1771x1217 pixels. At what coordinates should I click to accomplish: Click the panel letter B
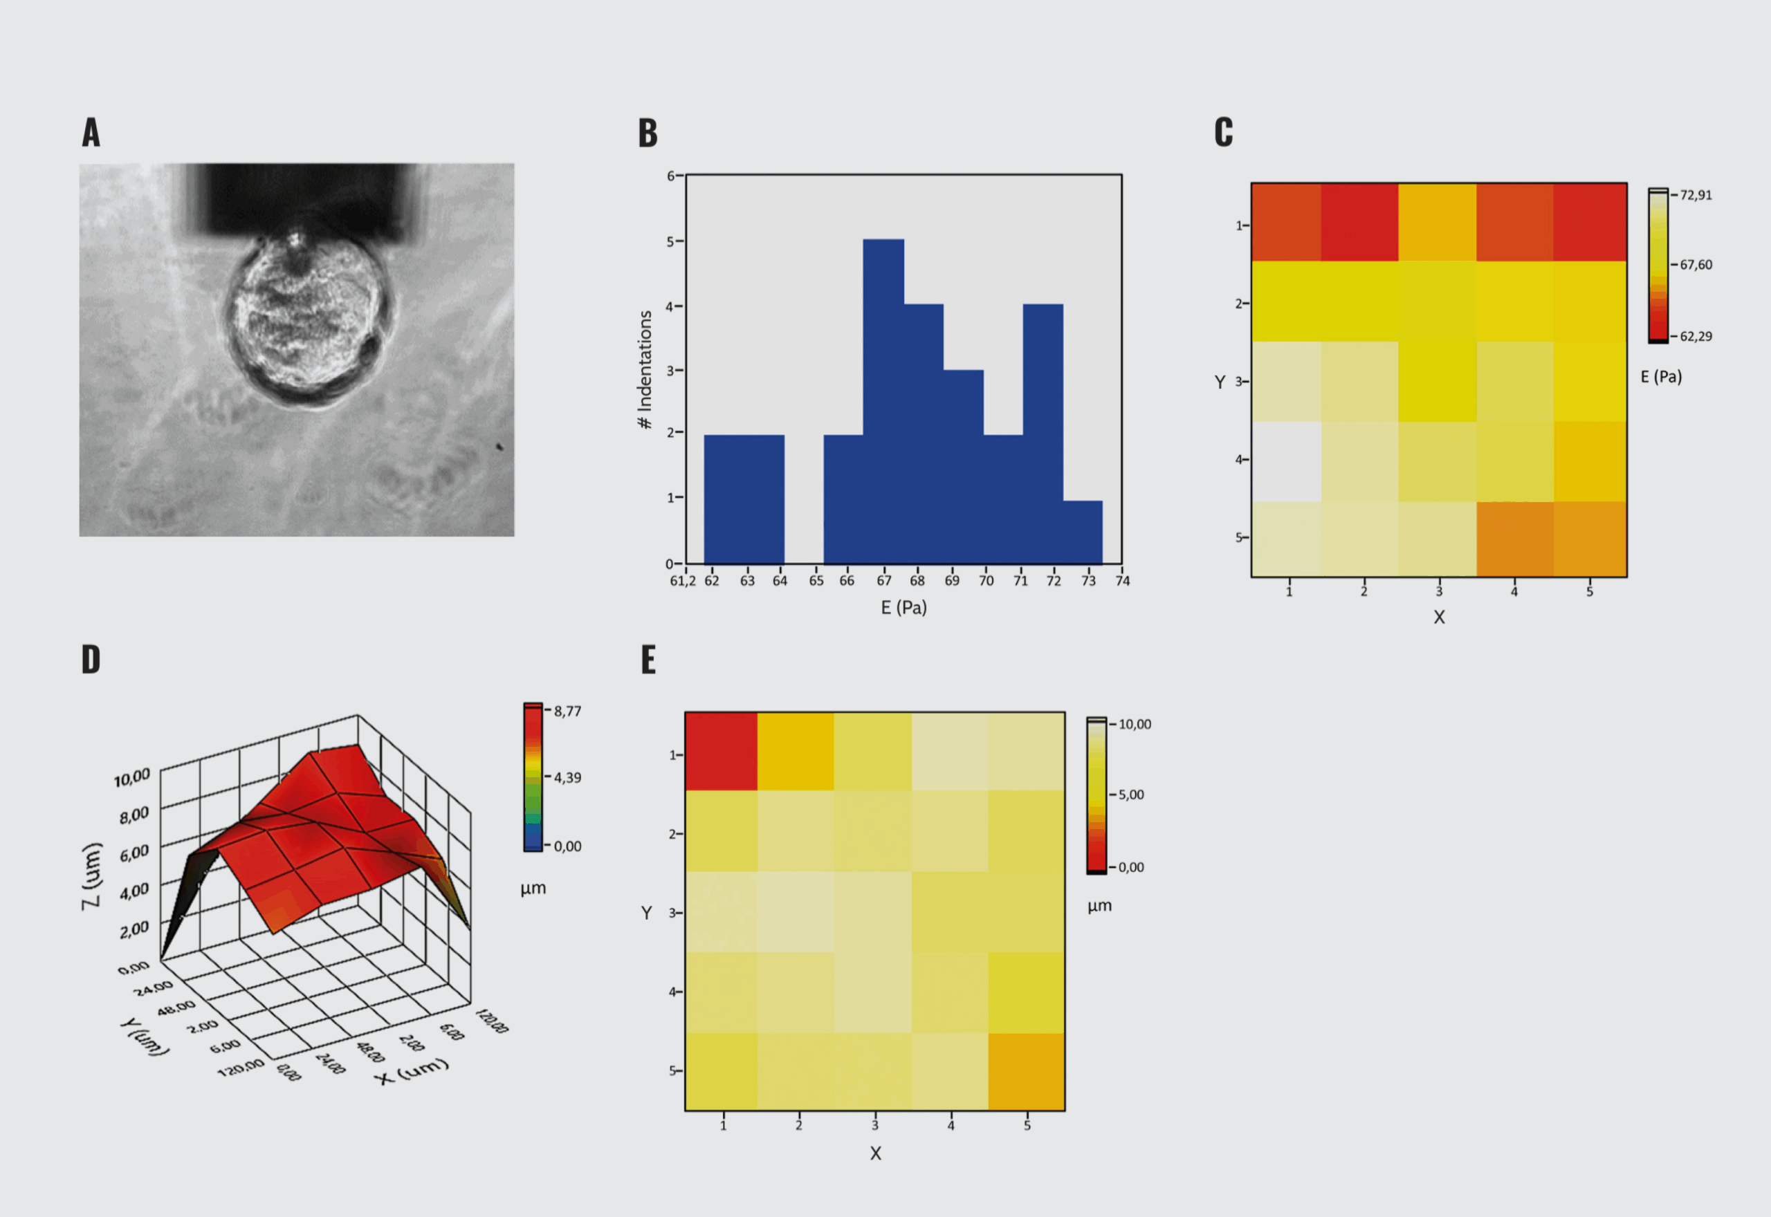648,133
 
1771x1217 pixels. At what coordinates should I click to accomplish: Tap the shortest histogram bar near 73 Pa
1082,532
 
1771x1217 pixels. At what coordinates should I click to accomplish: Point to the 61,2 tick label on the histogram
682,581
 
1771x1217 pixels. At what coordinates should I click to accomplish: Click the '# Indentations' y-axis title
645,370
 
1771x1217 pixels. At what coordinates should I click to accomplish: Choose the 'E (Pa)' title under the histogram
903,608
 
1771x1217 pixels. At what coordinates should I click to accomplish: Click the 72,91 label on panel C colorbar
1696,195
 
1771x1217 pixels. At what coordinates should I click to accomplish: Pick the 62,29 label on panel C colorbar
1696,336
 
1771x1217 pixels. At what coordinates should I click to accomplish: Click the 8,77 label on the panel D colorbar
567,712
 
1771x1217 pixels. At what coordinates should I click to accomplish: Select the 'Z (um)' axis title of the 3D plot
91,875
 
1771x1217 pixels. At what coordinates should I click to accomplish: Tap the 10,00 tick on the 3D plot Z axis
132,778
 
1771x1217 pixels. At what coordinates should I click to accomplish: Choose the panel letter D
91,660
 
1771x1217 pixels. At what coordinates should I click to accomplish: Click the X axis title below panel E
876,1153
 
